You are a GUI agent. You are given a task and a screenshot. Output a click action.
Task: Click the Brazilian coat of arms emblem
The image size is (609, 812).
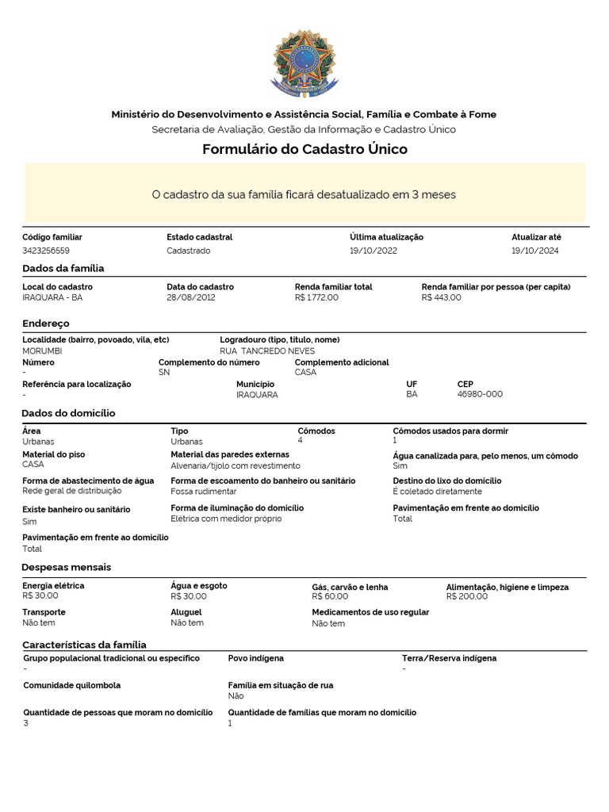[304, 63]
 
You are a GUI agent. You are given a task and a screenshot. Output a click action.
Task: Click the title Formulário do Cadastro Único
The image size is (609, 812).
[304, 149]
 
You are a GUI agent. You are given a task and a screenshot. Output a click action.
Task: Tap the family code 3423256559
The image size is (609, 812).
[46, 251]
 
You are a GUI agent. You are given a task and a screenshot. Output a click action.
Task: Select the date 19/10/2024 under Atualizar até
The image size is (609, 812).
[534, 251]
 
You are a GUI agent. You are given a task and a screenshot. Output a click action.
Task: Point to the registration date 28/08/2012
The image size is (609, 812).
[190, 297]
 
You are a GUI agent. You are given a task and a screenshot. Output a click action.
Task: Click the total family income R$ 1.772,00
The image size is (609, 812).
[316, 297]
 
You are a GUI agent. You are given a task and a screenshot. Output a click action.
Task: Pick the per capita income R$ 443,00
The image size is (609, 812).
[441, 297]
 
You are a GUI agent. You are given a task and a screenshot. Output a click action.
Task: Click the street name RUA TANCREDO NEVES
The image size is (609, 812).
[267, 350]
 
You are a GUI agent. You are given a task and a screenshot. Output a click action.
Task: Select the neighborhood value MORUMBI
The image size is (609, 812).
[42, 350]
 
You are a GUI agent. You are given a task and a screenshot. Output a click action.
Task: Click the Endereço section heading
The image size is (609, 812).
[46, 324]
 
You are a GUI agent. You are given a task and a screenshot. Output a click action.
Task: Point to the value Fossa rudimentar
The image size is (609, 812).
[204, 492]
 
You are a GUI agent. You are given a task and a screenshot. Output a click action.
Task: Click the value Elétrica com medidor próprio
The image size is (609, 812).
[225, 519]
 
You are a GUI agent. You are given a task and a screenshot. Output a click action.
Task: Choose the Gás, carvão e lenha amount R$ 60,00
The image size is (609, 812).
[330, 596]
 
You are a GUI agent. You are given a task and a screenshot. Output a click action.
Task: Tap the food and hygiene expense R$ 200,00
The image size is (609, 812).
[467, 596]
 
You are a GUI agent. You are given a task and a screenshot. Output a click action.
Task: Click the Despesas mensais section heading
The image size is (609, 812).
[67, 567]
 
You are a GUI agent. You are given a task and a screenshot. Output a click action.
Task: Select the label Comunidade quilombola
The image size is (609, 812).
[72, 685]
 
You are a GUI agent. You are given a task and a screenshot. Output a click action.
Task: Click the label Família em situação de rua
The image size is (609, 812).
[280, 685]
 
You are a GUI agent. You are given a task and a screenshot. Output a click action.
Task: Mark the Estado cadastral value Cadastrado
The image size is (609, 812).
[189, 251]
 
